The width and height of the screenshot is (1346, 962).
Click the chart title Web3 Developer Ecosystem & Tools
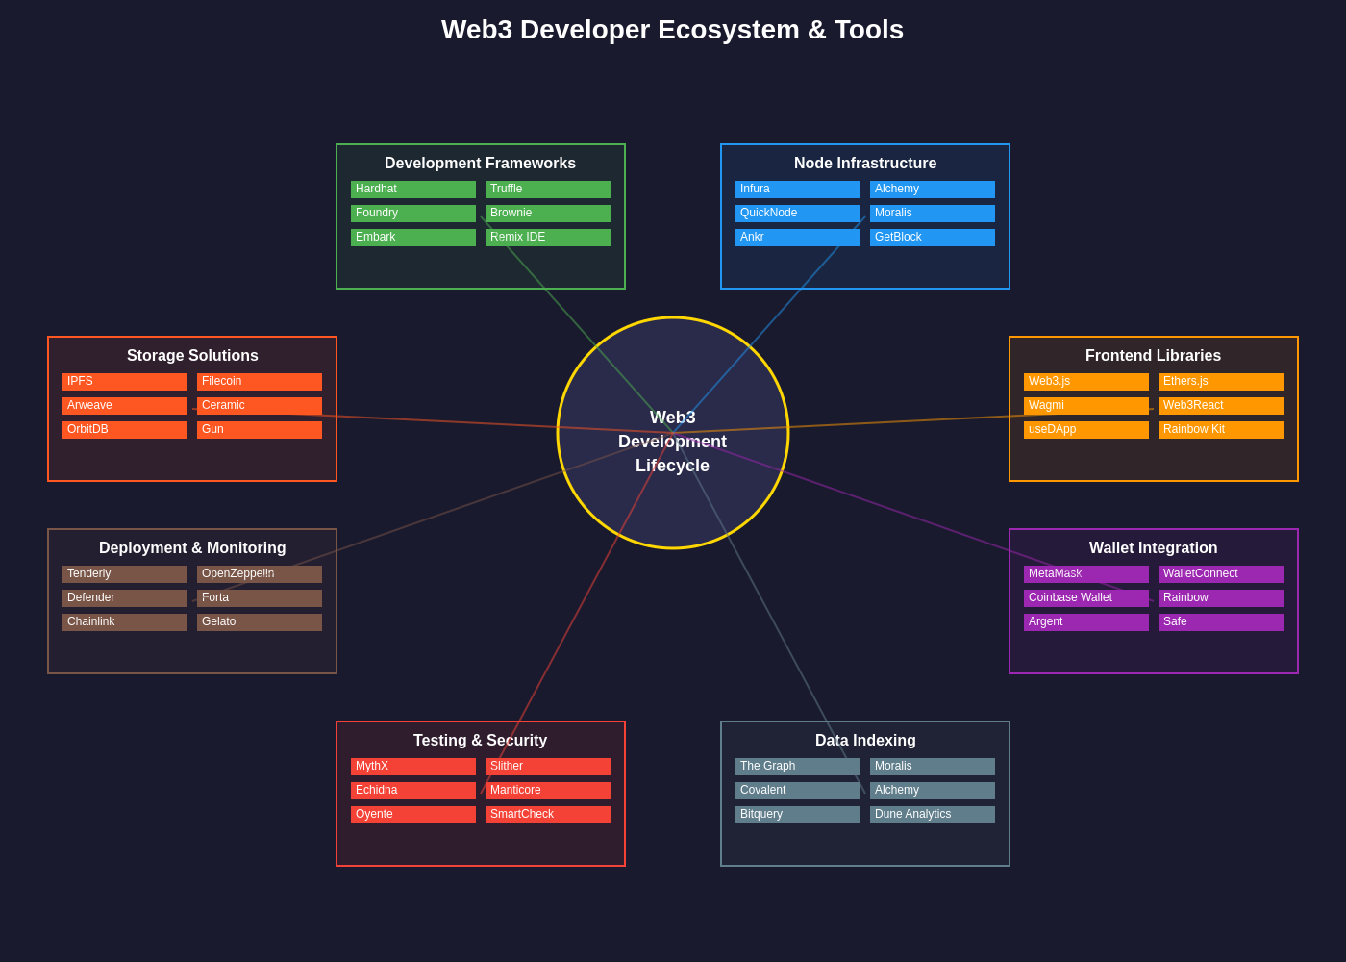pos(672,30)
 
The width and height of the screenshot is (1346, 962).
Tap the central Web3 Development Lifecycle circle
pos(672,433)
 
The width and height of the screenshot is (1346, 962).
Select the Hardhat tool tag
pos(412,190)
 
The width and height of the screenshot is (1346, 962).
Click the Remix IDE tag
pos(547,238)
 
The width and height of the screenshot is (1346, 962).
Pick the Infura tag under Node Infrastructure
pos(797,190)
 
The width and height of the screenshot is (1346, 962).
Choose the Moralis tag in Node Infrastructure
pos(932,214)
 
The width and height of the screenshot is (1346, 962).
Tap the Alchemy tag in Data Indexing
pos(932,791)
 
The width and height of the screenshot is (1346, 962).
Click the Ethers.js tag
pos(1220,382)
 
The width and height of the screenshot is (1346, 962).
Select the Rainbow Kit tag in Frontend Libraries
pos(1220,430)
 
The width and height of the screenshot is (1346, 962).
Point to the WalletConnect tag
pos(1220,574)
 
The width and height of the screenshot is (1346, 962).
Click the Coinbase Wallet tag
pos(1085,598)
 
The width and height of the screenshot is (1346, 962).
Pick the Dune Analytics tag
pos(932,815)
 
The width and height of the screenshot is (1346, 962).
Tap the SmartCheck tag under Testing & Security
pos(547,815)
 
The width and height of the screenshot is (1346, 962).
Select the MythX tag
pos(412,767)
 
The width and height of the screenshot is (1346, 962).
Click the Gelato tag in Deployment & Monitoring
pos(259,622)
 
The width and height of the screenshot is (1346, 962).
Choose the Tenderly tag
pos(124,574)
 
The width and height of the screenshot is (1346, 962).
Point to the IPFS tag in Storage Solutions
pos(124,382)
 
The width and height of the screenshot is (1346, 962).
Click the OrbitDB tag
pos(124,430)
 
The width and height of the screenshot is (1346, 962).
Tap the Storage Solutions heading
pos(192,356)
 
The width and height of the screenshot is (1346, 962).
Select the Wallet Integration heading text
pos(1153,548)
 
